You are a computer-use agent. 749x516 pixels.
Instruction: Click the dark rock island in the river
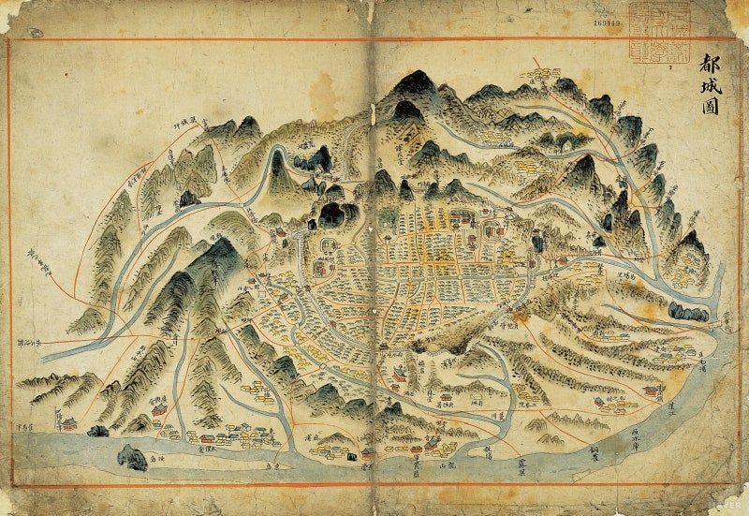point(131,456)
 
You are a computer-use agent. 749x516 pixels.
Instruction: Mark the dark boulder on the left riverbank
point(97,431)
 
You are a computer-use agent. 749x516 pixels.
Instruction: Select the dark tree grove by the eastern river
point(688,313)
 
